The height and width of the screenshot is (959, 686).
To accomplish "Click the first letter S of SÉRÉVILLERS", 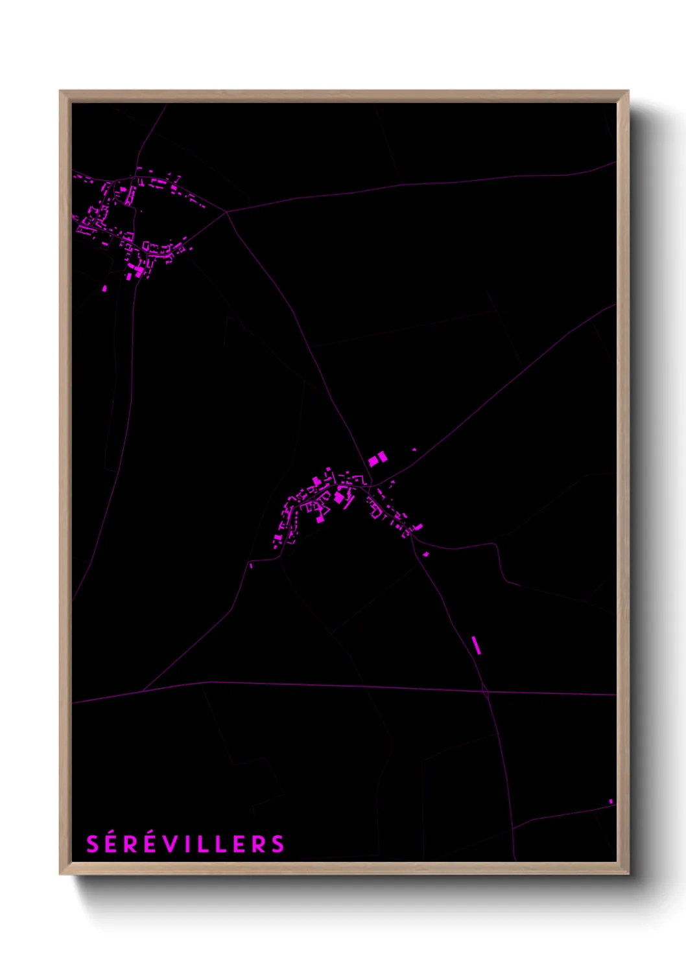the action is tap(93, 844).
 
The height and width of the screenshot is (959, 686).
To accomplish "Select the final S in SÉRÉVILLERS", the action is tap(278, 844).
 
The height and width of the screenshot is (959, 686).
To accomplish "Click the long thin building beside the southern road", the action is tap(476, 645).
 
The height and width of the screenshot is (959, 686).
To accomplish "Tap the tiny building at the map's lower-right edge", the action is tap(610, 802).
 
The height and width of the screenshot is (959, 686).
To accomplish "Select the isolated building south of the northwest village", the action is tap(104, 288).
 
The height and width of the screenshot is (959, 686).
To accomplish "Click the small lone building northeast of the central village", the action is tap(414, 449).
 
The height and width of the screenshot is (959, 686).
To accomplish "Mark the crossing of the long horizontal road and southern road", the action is tap(486, 691).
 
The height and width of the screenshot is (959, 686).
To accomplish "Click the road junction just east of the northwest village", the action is tap(226, 211).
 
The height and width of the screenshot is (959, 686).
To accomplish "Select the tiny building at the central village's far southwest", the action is tap(251, 566).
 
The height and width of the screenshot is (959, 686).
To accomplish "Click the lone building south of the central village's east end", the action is tap(426, 553).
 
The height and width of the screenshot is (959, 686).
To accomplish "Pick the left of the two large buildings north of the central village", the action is tap(373, 461).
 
